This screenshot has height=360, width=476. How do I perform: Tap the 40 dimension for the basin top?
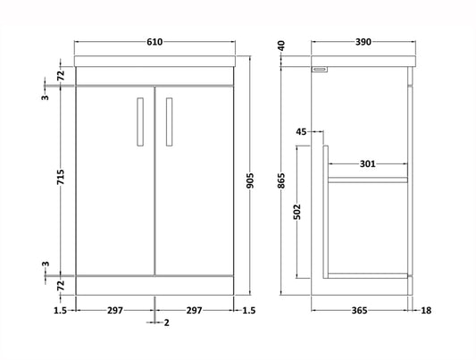tap(282, 46)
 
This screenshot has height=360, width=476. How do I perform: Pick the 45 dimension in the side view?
tap(301, 132)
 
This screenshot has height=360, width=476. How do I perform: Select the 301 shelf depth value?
tap(366, 164)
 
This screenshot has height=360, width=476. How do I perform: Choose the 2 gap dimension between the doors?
tap(167, 322)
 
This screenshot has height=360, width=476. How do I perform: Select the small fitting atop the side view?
tap(321, 69)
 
